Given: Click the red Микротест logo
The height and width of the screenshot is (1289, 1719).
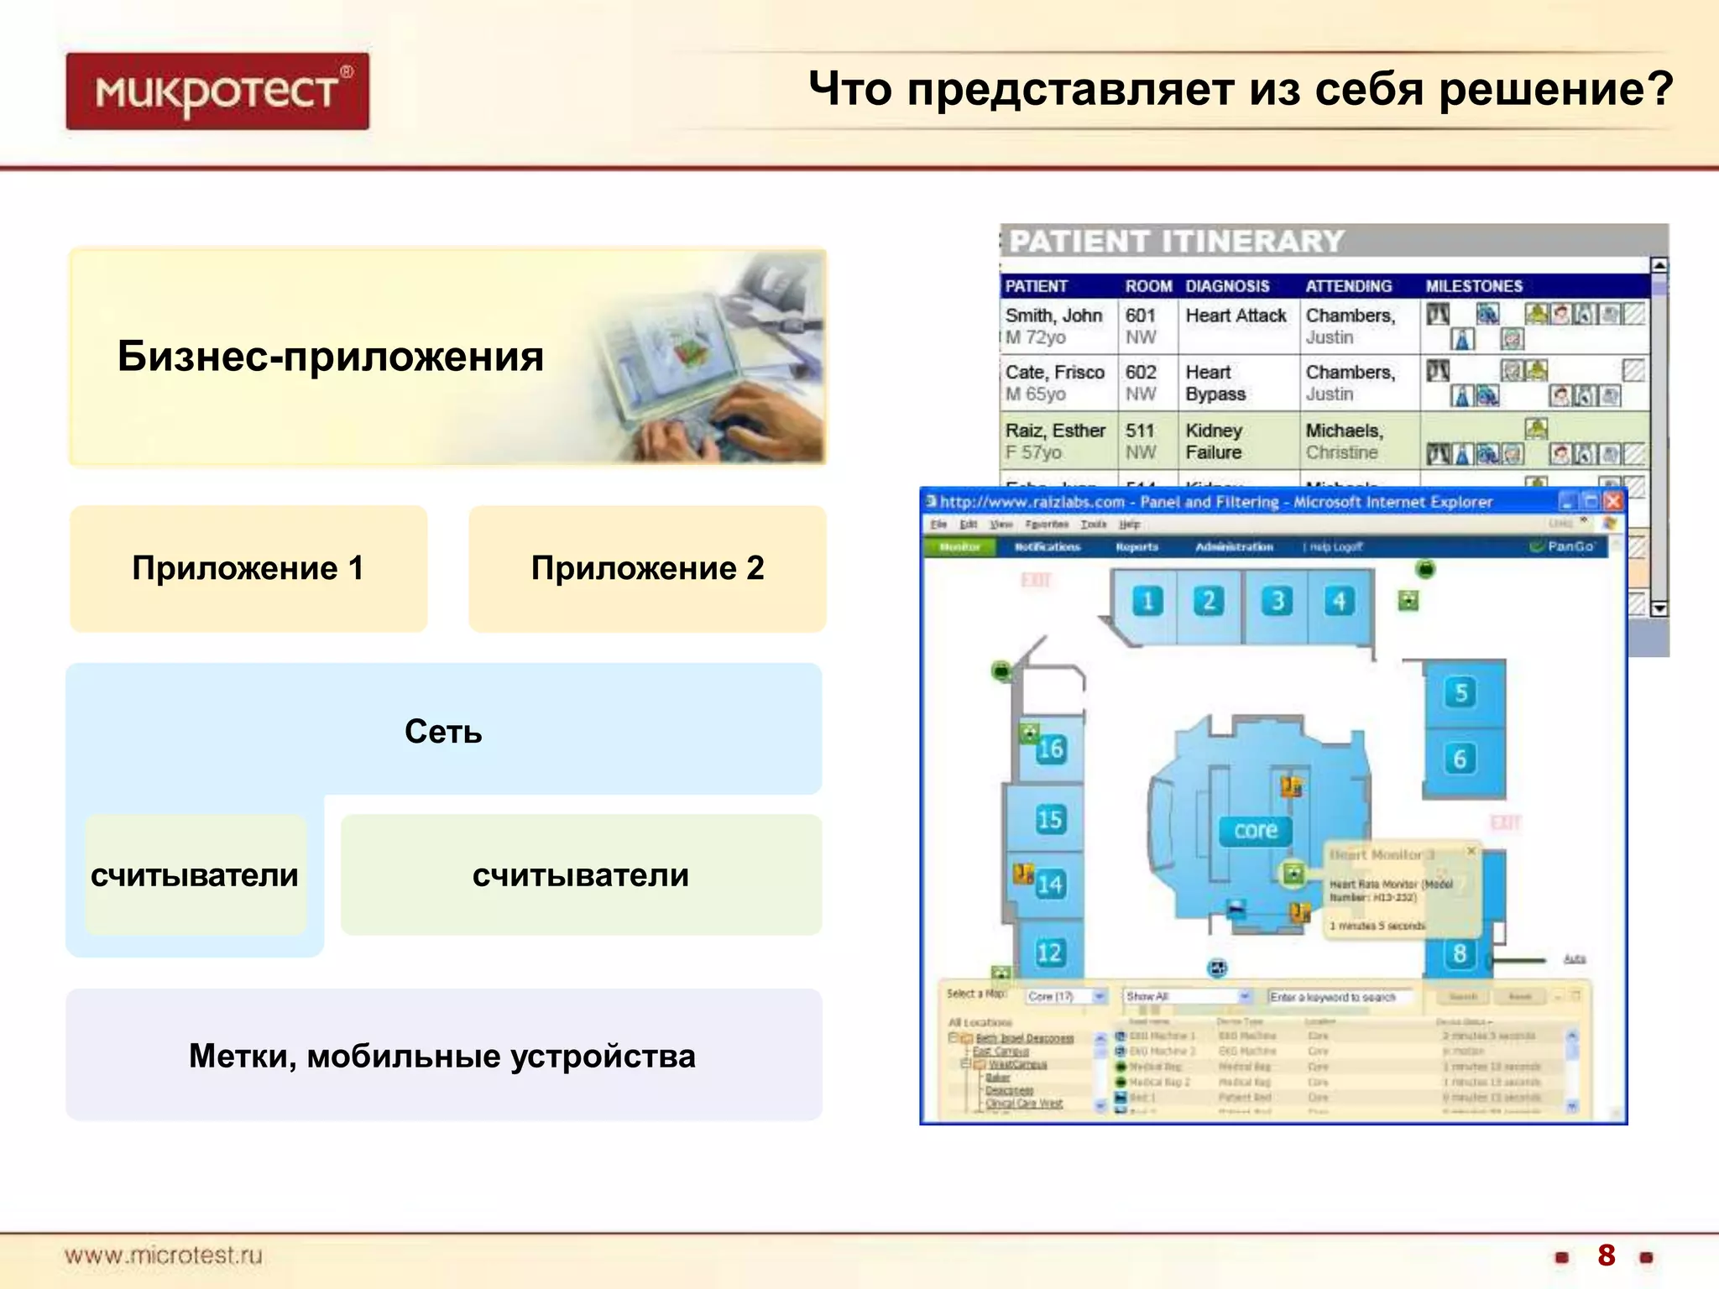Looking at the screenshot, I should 217,91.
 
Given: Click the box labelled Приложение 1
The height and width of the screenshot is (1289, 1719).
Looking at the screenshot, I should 248,569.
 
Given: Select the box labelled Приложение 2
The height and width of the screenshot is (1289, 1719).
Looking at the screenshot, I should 647,569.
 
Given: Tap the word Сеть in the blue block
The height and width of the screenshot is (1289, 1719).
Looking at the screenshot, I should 443,732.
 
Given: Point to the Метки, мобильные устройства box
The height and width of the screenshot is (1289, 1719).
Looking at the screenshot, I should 443,1055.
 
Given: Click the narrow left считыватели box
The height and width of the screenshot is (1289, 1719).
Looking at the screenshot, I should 195,875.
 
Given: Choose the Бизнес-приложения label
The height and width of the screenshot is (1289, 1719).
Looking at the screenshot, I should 331,357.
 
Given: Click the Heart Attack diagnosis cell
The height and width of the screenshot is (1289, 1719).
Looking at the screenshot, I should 1236,316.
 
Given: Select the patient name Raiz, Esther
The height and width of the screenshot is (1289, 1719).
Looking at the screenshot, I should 1055,431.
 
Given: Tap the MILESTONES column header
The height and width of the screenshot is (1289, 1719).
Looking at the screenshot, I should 1474,286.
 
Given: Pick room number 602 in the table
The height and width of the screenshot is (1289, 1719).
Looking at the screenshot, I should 1141,373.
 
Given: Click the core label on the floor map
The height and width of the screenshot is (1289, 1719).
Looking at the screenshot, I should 1256,831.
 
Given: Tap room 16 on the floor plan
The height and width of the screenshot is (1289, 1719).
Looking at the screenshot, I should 1050,749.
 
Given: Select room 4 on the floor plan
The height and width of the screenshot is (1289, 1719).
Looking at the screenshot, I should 1340,601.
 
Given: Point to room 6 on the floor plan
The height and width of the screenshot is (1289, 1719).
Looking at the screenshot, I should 1460,759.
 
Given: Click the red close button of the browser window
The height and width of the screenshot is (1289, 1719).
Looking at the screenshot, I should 1612,502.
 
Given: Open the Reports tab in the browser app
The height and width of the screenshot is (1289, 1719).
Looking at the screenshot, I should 1136,547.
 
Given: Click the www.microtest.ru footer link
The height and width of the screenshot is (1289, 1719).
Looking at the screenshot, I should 164,1255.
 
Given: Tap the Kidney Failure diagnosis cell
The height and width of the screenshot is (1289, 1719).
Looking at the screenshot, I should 1214,441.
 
